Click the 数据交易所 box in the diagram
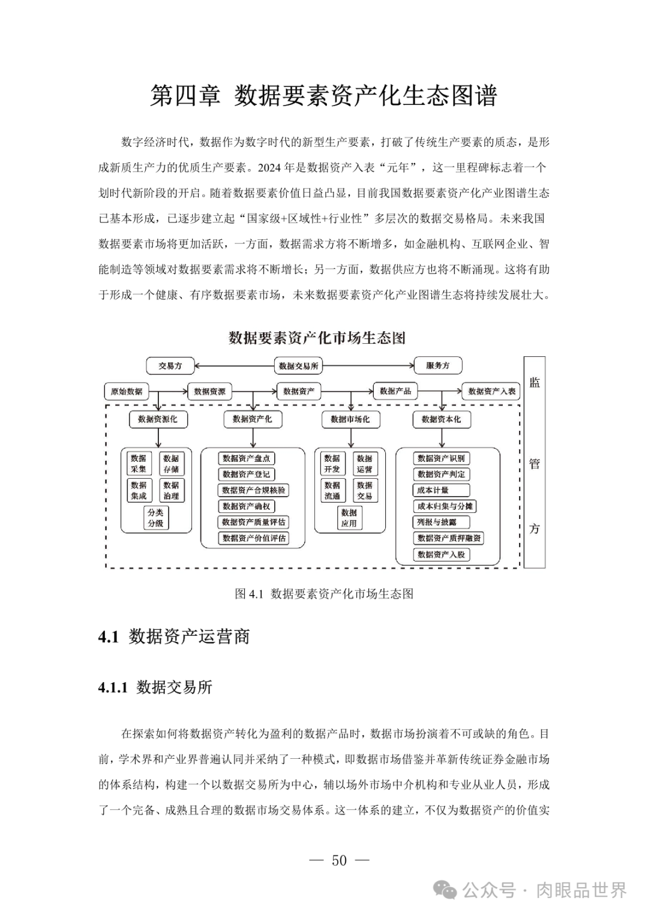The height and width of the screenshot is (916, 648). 298,365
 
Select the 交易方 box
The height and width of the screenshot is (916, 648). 170,365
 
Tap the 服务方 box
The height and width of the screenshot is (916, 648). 438,365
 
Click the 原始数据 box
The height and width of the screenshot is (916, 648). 127,391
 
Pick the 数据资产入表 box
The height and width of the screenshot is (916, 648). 491,391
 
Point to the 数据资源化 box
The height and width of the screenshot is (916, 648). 158,419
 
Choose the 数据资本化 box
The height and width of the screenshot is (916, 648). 441,419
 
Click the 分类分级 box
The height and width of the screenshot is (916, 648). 155,518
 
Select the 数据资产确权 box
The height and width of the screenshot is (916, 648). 247,506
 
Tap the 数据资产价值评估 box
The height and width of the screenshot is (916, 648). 254,538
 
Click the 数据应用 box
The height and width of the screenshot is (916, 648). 349,518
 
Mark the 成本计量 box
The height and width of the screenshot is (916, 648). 433,490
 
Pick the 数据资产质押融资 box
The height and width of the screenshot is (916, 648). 449,538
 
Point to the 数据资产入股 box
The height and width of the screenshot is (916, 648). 441,554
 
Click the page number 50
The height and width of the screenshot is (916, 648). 339,861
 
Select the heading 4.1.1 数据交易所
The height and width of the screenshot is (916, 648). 155,687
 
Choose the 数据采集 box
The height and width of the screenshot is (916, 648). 139,464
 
